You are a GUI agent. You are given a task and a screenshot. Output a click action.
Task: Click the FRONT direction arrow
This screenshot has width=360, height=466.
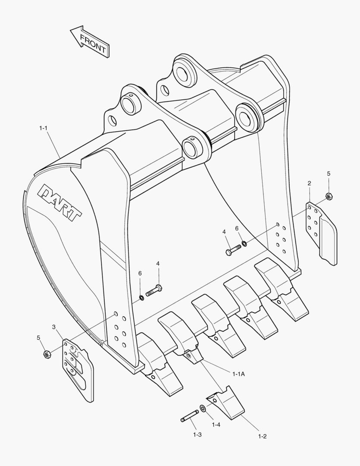90,42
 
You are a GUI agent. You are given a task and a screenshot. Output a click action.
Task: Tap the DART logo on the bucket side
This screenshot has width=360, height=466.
61,203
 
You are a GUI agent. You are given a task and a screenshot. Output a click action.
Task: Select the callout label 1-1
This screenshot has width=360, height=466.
44,128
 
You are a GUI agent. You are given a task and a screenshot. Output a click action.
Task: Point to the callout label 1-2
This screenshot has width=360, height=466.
262,436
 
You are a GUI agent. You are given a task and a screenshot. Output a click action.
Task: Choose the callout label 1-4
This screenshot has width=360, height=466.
216,425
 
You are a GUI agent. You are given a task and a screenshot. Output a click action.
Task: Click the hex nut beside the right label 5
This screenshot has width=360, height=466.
329,196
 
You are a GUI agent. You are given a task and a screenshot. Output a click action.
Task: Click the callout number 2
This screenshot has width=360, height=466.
309,183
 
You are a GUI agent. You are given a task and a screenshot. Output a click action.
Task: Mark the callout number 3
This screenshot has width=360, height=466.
54,327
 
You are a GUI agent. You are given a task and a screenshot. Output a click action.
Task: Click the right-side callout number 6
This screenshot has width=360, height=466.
237,228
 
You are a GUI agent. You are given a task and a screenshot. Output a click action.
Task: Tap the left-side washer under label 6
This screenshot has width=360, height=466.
141,297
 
